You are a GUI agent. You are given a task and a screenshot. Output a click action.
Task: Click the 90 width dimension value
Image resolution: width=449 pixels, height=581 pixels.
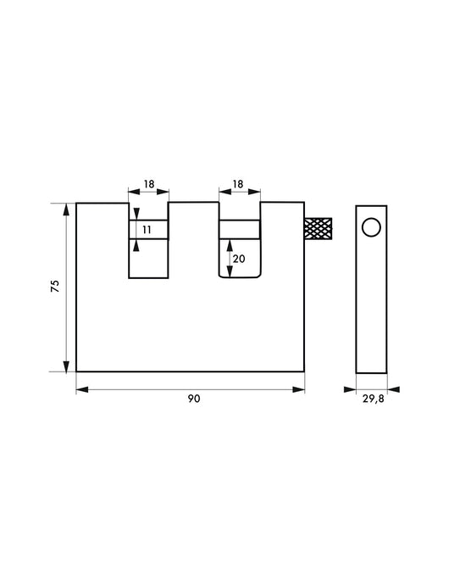click(194, 400)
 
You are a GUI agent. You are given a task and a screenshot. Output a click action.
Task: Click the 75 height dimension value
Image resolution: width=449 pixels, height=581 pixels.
click(55, 288)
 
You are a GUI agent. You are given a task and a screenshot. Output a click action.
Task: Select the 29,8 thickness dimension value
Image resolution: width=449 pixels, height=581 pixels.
click(372, 400)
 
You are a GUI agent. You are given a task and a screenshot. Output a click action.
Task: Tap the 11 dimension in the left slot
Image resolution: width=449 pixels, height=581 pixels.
click(146, 229)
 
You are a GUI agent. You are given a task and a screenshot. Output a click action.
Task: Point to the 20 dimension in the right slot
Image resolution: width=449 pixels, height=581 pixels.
click(238, 260)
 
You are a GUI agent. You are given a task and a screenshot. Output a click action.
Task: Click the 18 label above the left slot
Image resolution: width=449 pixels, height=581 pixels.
click(148, 183)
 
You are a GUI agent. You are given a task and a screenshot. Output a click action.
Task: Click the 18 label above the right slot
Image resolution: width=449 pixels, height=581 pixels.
click(239, 183)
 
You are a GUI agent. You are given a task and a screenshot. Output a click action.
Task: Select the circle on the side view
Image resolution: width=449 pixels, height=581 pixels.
click(371, 226)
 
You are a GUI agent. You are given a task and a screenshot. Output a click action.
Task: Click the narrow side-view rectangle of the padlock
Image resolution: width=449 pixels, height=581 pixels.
click(371, 305)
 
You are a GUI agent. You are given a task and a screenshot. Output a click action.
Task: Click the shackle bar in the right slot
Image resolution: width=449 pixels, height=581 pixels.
click(240, 229)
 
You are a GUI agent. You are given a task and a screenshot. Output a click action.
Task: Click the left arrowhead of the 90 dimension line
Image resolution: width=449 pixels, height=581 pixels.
click(80, 389)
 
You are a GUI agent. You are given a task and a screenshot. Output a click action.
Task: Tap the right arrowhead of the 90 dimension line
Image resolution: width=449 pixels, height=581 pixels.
click(300, 389)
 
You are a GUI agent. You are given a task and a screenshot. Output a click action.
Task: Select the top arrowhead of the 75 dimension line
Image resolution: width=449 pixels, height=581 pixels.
click(65, 208)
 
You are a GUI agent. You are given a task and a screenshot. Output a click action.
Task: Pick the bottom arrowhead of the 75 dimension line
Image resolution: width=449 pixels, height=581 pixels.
click(65, 367)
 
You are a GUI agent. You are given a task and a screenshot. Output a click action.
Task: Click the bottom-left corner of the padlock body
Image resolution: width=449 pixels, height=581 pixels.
click(77, 372)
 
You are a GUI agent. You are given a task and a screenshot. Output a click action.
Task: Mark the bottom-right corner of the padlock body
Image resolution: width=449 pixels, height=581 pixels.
click(304, 372)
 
